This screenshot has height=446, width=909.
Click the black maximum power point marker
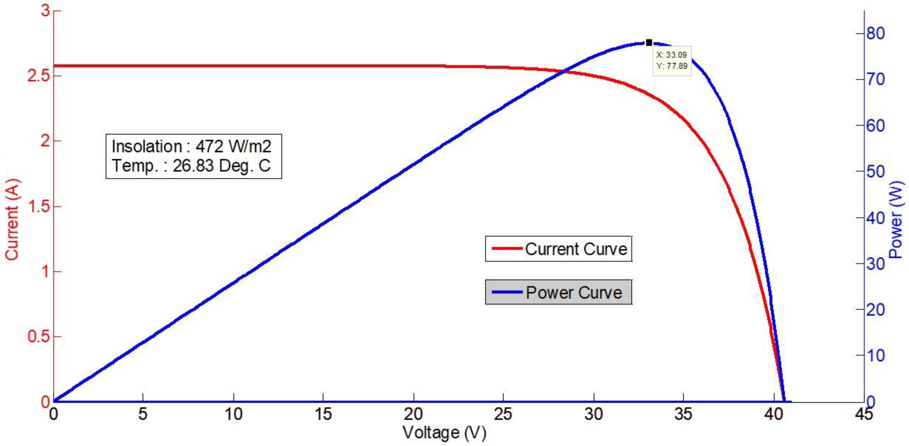click(649, 43)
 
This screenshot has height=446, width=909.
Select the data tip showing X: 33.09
click(672, 61)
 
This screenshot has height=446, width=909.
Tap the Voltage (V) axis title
click(444, 433)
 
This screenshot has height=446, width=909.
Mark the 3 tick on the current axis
click(45, 11)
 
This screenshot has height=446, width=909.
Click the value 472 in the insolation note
click(209, 146)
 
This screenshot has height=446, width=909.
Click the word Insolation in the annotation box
click(146, 146)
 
